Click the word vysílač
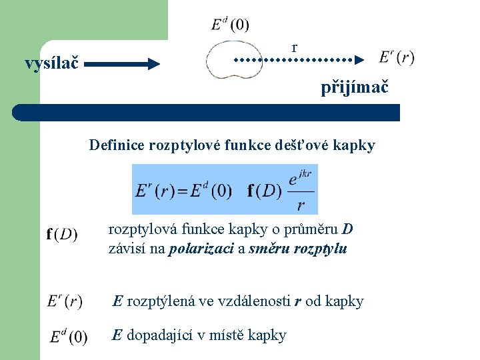(x=51, y=64)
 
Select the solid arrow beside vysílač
(x=123, y=65)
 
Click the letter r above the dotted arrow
(x=294, y=47)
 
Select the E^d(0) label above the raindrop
(x=230, y=25)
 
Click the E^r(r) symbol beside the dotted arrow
(x=396, y=57)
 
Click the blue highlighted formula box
(x=225, y=189)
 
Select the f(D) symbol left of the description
(x=62, y=235)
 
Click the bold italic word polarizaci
(x=202, y=249)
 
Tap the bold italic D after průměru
(x=347, y=230)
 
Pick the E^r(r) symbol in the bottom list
(x=65, y=302)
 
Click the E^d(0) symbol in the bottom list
(x=67, y=336)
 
